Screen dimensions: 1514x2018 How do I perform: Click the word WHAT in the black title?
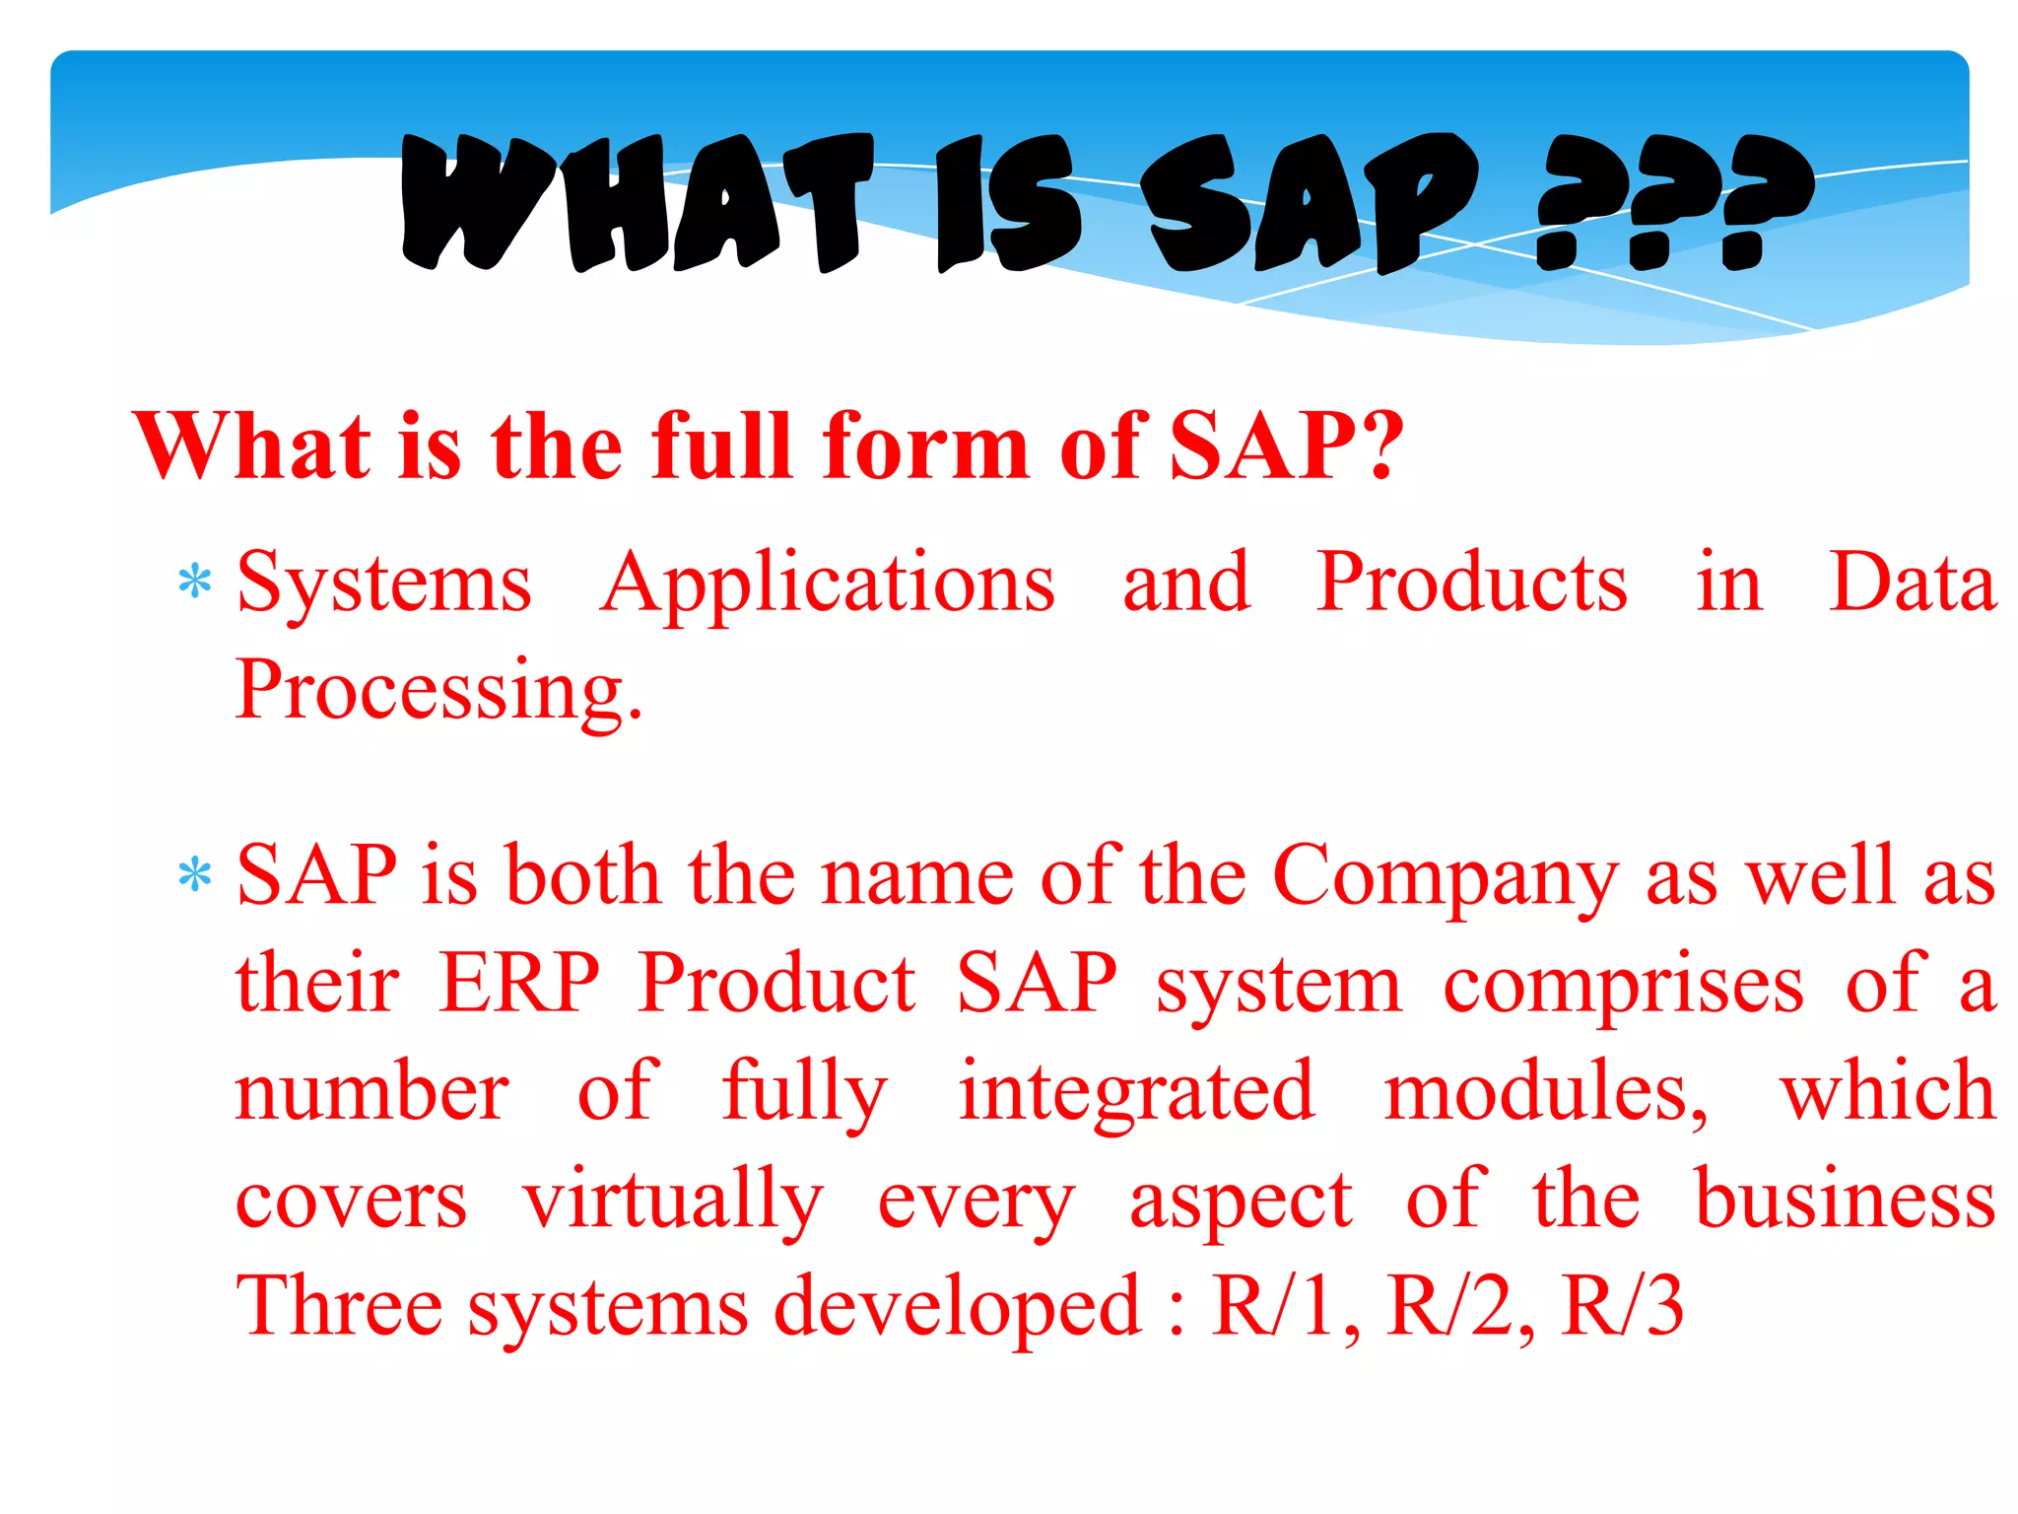coord(637,203)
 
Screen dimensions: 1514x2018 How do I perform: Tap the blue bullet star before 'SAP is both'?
coord(195,874)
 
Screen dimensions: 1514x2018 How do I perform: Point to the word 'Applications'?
coord(828,584)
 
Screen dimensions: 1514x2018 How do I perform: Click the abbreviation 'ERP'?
coord(519,983)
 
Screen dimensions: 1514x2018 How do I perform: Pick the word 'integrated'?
coord(1136,1092)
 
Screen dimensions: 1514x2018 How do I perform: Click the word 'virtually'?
coord(672,1201)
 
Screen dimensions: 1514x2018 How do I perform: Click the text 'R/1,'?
coord(1287,1306)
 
